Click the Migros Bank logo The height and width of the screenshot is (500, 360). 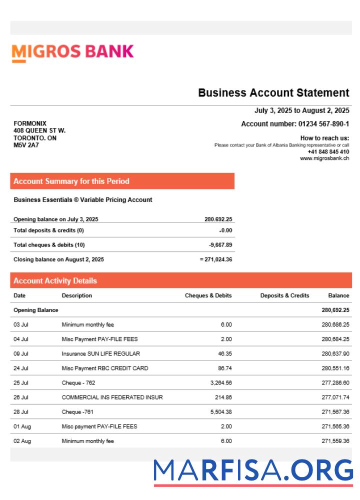pos(73,52)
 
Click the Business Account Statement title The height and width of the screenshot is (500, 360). pos(273,92)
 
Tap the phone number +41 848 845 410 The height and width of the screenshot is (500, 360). pos(328,152)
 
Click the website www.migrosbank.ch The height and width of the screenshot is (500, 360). pos(324,158)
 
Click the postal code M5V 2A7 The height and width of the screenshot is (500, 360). pos(26,145)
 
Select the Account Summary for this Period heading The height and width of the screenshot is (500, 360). pos(71,181)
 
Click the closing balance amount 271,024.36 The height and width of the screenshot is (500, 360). pos(218,259)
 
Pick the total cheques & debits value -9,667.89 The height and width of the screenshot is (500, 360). pos(220,245)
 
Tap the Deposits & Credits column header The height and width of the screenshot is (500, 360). pos(284,295)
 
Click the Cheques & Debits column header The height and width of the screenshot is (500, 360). pos(208,295)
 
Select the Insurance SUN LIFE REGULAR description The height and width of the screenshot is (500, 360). pos(98,353)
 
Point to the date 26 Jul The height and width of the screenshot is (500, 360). pos(21,397)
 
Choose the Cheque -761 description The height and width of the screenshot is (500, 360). pos(77,412)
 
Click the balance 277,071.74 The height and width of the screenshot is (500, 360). pos(335,397)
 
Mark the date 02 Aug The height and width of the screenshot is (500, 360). pos(22,441)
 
